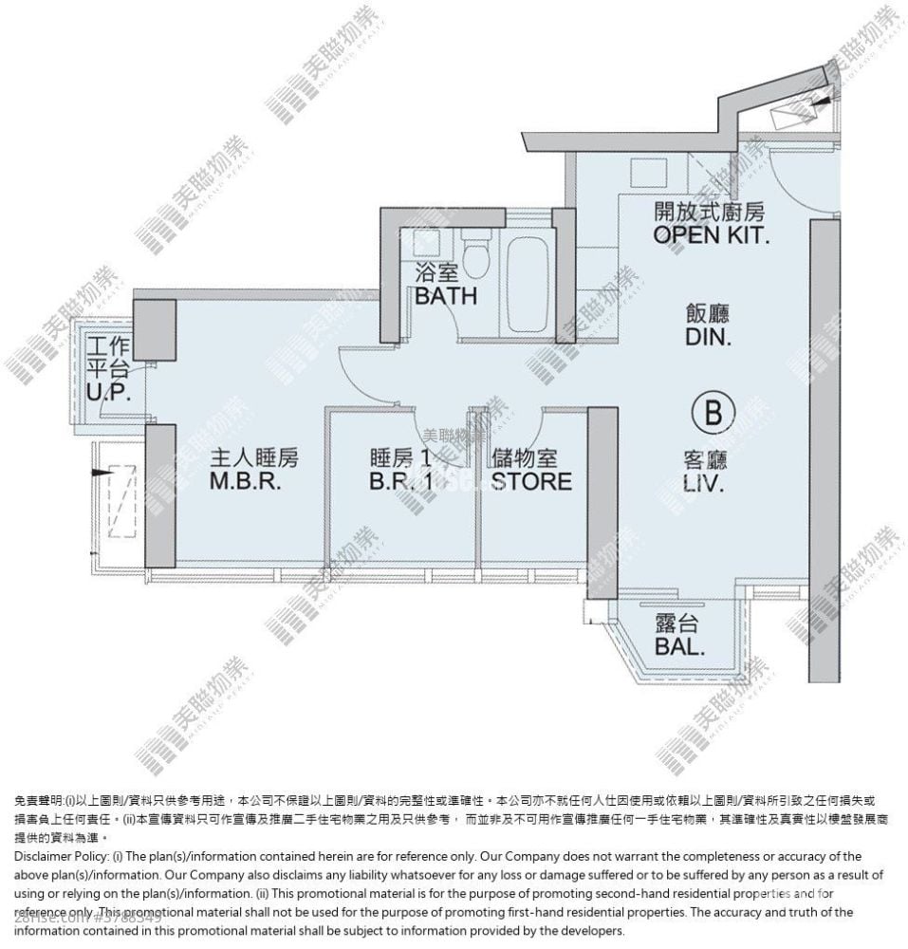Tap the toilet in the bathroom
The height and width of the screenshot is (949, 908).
point(477,251)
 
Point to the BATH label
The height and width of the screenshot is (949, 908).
point(445,286)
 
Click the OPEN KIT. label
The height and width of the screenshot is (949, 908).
point(710,224)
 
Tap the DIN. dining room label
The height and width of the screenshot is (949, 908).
point(709,325)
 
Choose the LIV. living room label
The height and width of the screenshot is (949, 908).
point(705,472)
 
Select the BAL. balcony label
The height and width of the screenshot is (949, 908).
point(679,637)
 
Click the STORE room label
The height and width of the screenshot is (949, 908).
point(531,471)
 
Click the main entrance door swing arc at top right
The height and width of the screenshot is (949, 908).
point(806,180)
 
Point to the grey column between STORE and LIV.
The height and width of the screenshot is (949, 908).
point(602,503)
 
